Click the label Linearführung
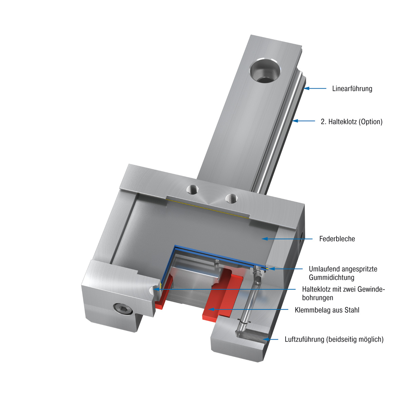tap(352, 89)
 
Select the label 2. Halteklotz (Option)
tap(351, 122)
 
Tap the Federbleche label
tap(337, 239)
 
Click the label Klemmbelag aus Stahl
tap(327, 310)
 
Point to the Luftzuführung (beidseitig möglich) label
tap(334, 339)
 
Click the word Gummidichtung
tap(331, 278)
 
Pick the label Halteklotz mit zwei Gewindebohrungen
tap(343, 293)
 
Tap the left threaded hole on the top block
tap(193, 189)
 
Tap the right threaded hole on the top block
tap(232, 197)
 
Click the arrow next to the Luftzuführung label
tap(272, 339)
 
